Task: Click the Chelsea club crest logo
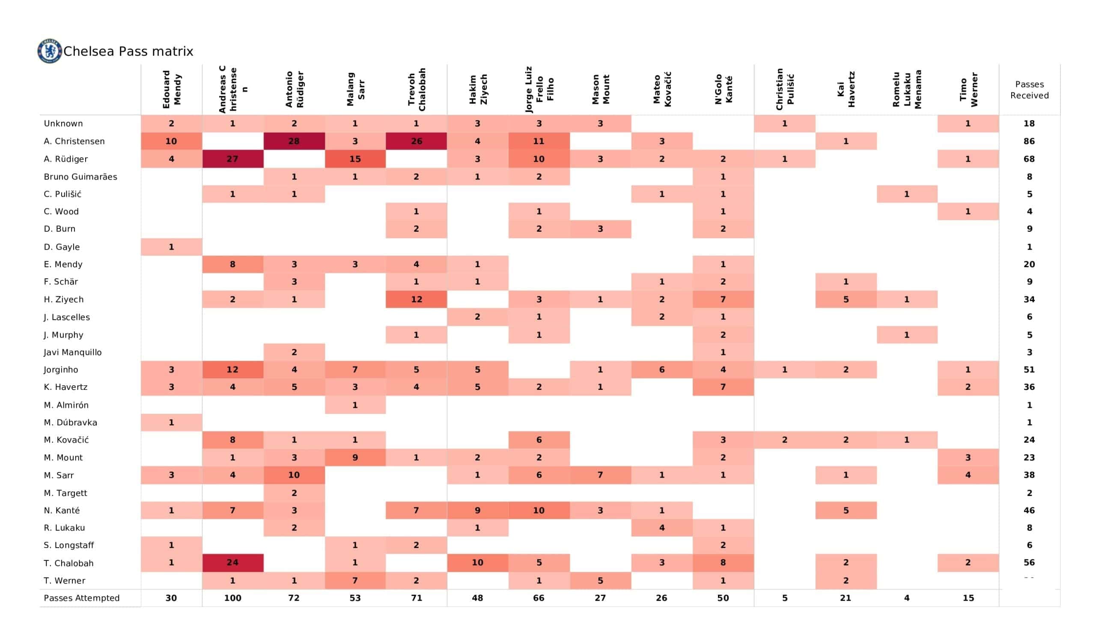(x=49, y=51)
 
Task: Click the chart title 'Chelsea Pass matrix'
(x=128, y=51)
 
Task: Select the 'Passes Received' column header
(x=1029, y=90)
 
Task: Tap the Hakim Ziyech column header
(x=477, y=89)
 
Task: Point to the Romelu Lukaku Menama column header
(x=907, y=89)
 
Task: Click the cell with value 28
(x=294, y=141)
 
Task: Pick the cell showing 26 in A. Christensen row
(x=416, y=141)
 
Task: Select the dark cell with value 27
(x=232, y=159)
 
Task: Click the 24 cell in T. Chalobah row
(x=232, y=563)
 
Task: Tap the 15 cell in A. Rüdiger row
(x=355, y=159)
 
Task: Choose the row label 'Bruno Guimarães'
(x=80, y=177)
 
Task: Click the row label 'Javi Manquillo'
(x=73, y=352)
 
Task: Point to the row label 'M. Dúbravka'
(x=71, y=422)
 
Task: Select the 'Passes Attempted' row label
(x=81, y=598)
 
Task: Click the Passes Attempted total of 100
(x=232, y=598)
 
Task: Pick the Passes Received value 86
(x=1029, y=141)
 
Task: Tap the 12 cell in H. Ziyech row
(x=416, y=299)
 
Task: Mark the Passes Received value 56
(x=1029, y=563)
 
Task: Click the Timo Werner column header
(x=968, y=89)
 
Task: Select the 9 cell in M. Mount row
(x=355, y=457)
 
